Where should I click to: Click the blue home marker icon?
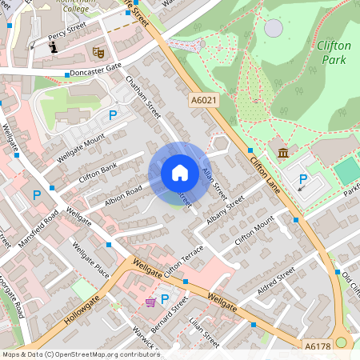[x=180, y=173]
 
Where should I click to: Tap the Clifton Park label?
[x=334, y=52]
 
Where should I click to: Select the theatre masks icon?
[x=99, y=52]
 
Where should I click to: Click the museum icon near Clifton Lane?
[x=282, y=153]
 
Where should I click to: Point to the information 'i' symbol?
[x=54, y=48]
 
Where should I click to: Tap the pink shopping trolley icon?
[x=150, y=301]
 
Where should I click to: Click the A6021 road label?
[x=203, y=101]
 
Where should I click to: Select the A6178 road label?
[x=317, y=346]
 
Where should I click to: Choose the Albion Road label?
[x=123, y=196]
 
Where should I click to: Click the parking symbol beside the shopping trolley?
[x=165, y=300]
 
